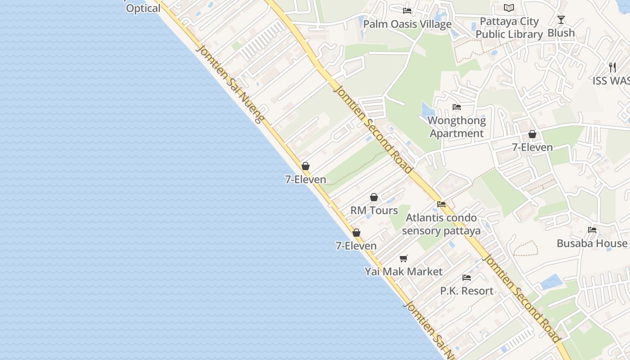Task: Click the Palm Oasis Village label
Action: [407, 24]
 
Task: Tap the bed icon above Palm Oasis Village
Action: [407, 10]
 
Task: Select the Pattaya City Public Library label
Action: [509, 28]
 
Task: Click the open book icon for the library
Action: [509, 8]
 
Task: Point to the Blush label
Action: [561, 33]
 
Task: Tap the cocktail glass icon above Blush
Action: [561, 19]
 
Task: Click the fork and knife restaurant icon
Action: [612, 67]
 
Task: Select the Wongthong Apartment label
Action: [457, 127]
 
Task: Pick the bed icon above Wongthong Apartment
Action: [457, 107]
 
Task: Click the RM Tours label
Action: [374, 211]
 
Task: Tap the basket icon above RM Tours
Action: [374, 197]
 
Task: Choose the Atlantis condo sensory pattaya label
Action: [441, 224]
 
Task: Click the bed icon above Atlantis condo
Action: [441, 204]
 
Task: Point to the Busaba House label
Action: [592, 243]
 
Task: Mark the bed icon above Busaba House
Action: [592, 229]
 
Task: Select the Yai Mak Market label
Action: [404, 272]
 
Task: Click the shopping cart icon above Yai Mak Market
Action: [404, 258]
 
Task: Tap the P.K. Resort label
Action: [467, 291]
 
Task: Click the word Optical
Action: [143, 9]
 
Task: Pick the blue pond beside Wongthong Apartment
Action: [427, 111]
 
